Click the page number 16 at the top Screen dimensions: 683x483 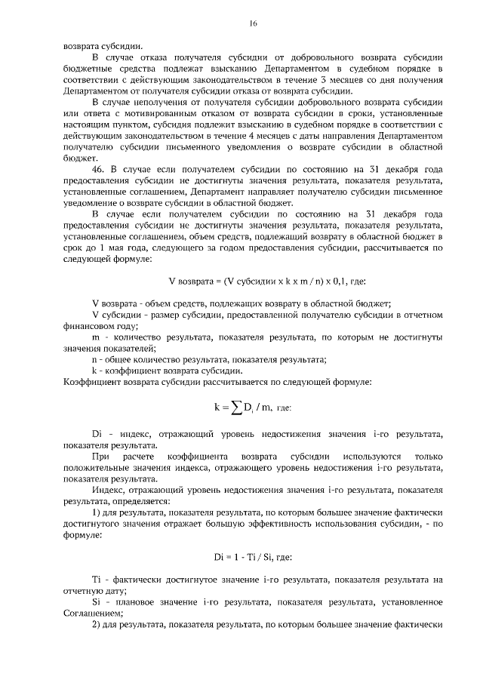coord(254,24)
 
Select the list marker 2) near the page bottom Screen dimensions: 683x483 coord(96,626)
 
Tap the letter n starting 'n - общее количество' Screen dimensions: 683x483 coord(94,360)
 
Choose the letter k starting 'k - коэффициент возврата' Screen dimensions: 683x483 coord(94,371)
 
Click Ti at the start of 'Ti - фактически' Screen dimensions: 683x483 coord(96,580)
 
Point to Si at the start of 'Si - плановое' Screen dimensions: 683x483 coord(96,602)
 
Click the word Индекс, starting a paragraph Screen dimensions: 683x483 coord(109,490)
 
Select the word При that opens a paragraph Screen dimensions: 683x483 coord(100,457)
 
